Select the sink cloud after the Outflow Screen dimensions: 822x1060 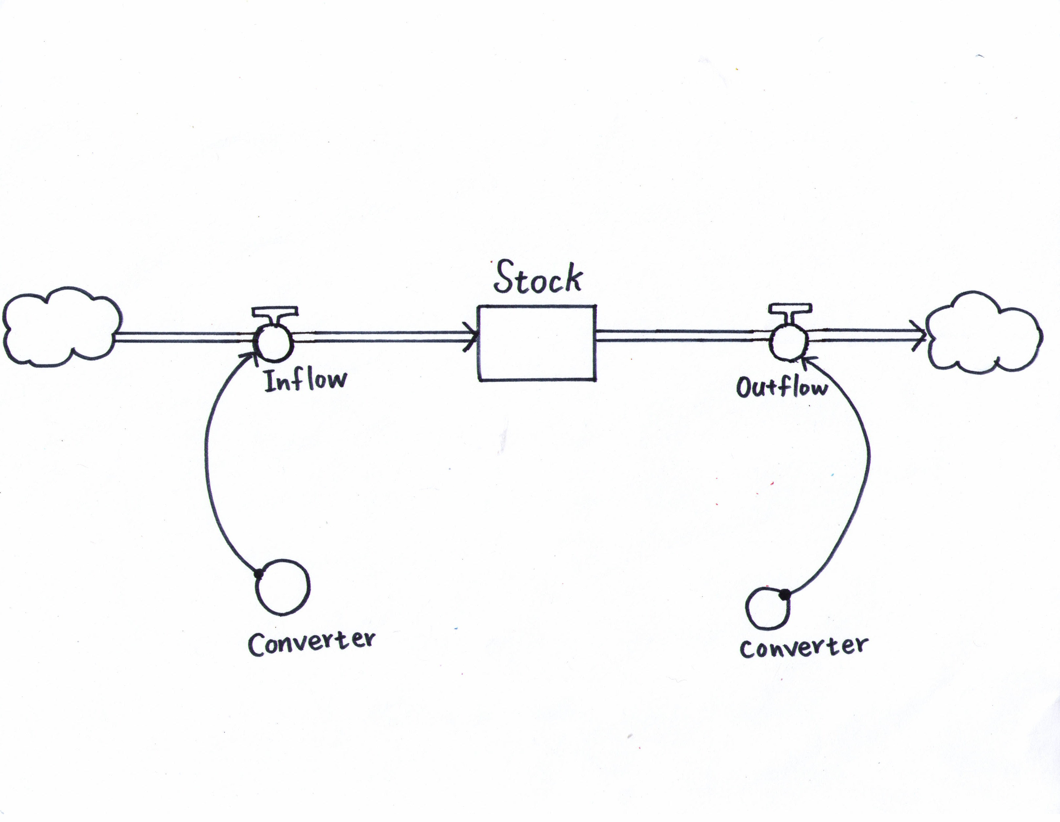(x=983, y=332)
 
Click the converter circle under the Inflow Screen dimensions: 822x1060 (x=282, y=588)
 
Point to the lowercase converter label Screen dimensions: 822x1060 (x=804, y=647)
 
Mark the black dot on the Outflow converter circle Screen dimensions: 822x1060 (x=784, y=593)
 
